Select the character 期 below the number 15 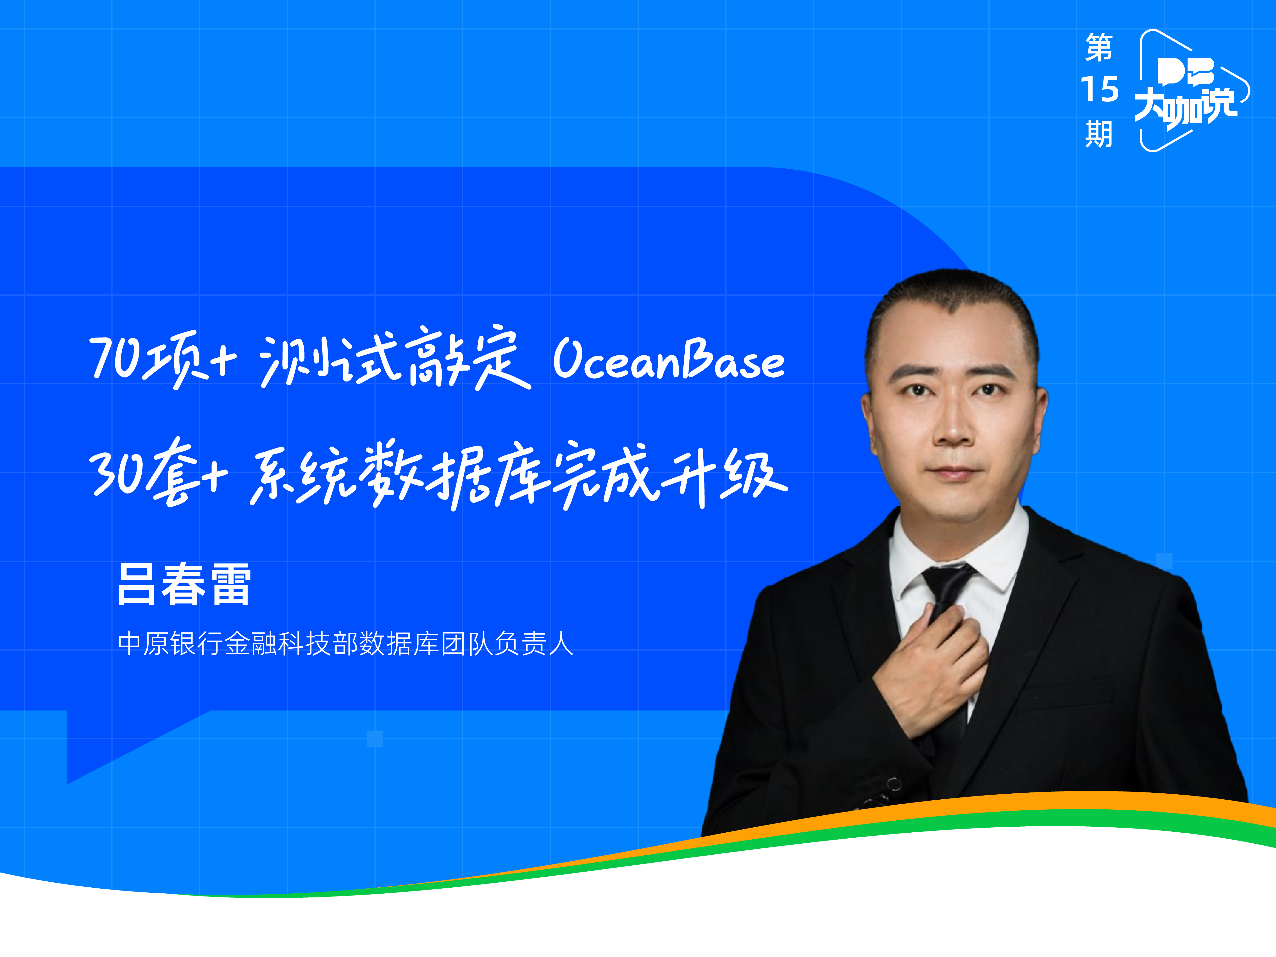click(x=1099, y=134)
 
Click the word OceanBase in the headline click(x=669, y=359)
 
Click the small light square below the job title click(x=375, y=738)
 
